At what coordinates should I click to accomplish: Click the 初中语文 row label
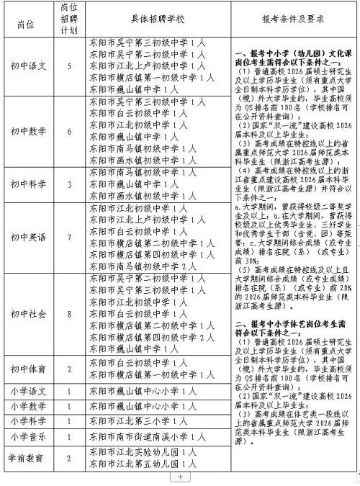tap(30, 66)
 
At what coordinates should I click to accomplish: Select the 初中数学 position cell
tap(30, 131)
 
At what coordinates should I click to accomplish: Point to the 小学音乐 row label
tap(30, 436)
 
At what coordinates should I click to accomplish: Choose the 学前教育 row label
tap(30, 458)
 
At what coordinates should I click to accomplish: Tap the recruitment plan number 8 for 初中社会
tap(69, 313)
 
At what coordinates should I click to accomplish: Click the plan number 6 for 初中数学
tap(69, 131)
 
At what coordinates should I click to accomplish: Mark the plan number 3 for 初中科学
tap(69, 184)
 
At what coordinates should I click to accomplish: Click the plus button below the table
tap(180, 477)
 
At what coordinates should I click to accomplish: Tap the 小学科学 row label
tap(30, 420)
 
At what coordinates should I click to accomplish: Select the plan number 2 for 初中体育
tap(69, 369)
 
